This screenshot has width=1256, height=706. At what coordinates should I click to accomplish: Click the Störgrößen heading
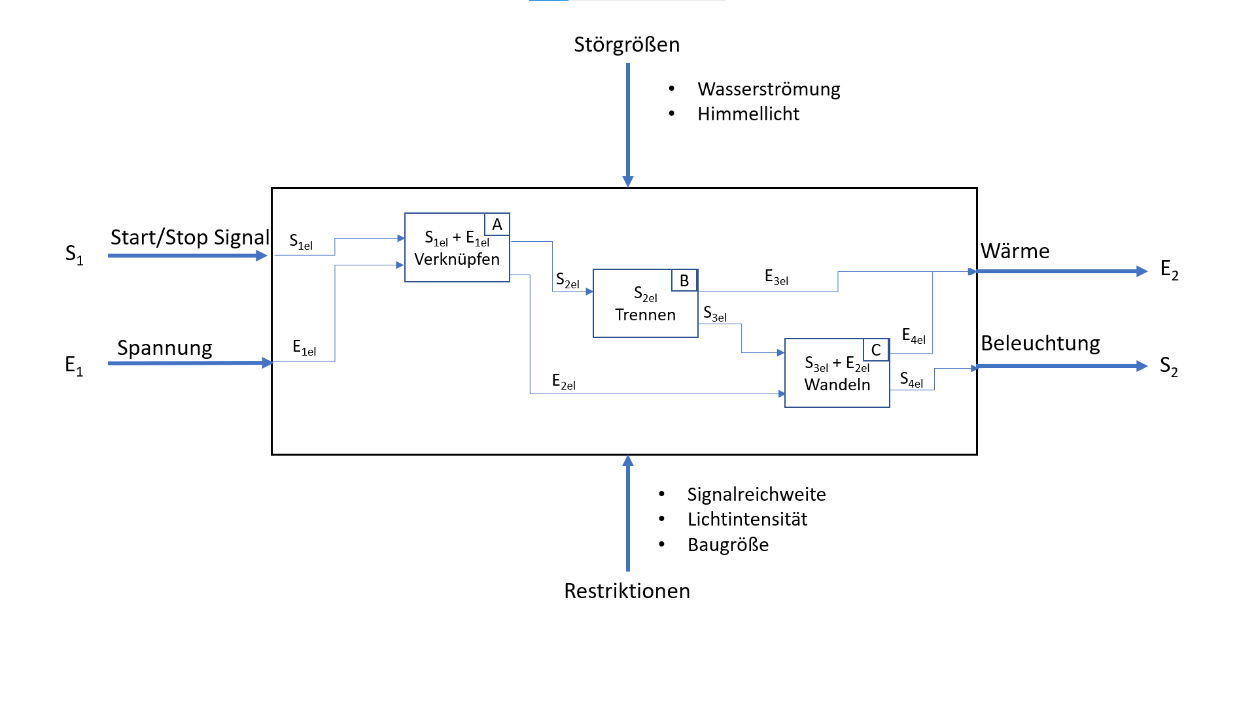(627, 44)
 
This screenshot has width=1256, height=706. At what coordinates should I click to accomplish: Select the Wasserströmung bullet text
(769, 89)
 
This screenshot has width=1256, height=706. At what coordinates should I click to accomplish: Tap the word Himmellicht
(748, 114)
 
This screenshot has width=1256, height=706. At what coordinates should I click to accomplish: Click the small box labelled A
(497, 225)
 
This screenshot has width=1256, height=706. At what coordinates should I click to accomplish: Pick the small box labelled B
(684, 280)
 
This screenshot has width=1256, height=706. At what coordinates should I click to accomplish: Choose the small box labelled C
(876, 350)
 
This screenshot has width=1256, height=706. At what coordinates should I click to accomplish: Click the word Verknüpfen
(457, 260)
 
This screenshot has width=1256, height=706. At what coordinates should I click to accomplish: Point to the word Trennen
(645, 315)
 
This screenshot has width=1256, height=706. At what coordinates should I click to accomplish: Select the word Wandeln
(837, 384)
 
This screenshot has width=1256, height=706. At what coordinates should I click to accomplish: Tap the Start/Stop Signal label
(190, 237)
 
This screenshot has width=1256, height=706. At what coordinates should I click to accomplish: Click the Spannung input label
(165, 348)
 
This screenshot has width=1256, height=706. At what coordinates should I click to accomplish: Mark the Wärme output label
(1015, 251)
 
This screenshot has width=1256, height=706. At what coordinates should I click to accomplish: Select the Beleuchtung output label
(1040, 343)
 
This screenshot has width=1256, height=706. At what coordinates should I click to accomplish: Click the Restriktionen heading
(627, 591)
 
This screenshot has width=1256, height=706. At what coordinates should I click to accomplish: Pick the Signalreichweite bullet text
(756, 494)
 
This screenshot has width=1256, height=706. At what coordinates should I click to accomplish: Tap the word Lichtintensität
(747, 519)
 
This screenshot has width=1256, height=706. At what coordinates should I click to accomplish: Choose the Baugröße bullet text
(728, 545)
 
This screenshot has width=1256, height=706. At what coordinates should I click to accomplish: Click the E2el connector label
(563, 382)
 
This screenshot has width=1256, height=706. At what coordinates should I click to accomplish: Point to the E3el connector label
(776, 277)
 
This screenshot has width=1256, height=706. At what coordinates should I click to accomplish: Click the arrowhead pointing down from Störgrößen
(628, 181)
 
